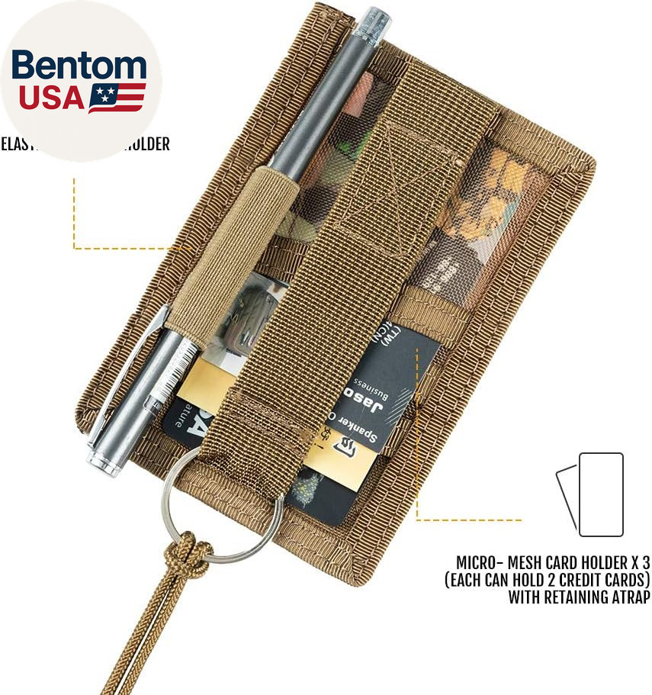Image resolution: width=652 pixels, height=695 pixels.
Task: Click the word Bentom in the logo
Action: click(79, 66)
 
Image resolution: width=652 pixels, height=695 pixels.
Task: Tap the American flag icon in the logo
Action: click(117, 98)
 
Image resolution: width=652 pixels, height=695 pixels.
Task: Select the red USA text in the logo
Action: click(51, 98)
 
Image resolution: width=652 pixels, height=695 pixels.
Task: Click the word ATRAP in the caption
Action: click(628, 597)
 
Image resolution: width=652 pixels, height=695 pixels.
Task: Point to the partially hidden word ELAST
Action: click(14, 144)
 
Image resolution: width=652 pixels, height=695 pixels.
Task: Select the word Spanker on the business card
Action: click(369, 430)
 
